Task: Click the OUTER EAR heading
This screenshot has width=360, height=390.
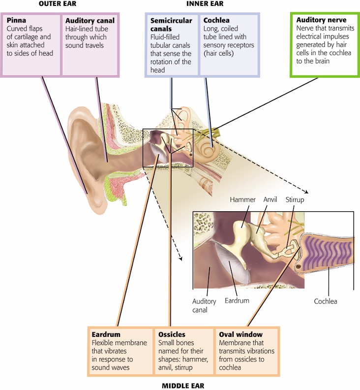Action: tap(58, 4)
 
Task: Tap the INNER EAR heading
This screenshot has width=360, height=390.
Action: tap(205, 4)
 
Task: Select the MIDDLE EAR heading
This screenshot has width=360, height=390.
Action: tap(183, 386)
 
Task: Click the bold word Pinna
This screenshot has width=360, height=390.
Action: tap(16, 20)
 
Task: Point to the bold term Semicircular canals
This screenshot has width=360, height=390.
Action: tap(171, 25)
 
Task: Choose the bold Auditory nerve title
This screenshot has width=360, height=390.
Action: tap(321, 20)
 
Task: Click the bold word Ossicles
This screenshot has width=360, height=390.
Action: tap(172, 334)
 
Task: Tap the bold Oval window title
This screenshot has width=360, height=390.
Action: tap(240, 334)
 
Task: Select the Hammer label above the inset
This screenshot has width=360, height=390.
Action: tap(242, 200)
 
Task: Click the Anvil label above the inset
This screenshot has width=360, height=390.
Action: tap(270, 199)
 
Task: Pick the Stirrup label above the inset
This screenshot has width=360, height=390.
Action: tap(295, 200)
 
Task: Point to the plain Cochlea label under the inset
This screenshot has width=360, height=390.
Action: tap(326, 301)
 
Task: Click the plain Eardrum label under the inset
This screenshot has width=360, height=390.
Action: tap(237, 300)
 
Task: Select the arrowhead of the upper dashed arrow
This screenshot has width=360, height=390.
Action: tap(307, 192)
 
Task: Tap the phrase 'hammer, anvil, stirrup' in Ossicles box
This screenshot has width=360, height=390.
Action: tap(183, 363)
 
